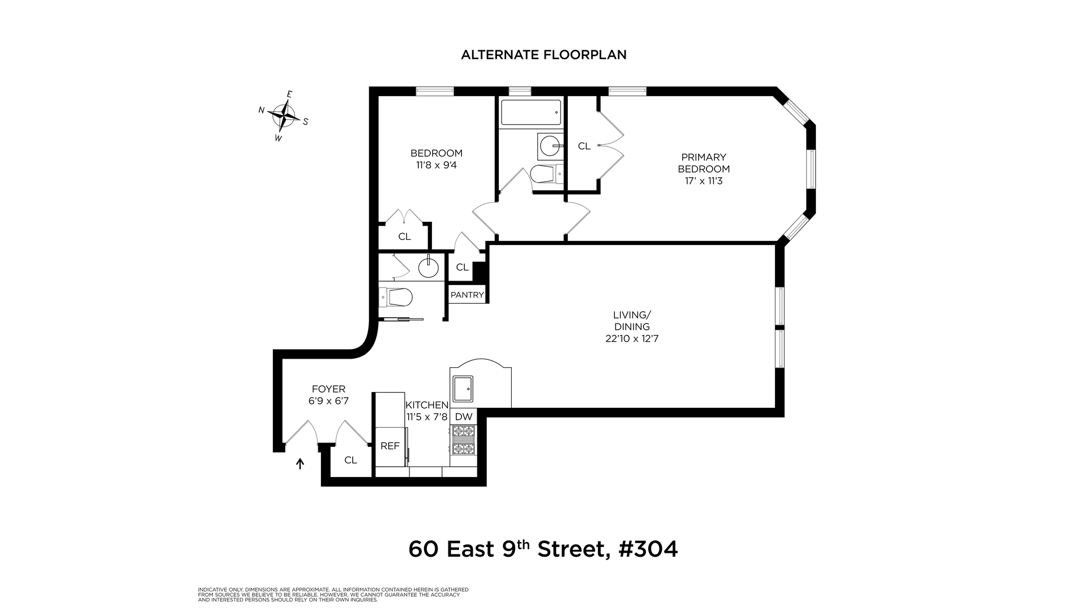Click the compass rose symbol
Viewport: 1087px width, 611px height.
click(x=284, y=116)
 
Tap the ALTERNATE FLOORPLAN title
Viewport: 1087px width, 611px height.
click(x=543, y=55)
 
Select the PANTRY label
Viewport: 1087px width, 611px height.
click(x=467, y=295)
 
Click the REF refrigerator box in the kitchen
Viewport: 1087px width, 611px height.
click(x=390, y=446)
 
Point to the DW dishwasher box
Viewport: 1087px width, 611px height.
click(x=464, y=417)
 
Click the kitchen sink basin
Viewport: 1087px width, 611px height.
click(x=464, y=388)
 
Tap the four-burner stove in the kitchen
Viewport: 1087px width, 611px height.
click(x=464, y=441)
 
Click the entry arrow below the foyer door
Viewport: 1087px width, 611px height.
click(x=301, y=464)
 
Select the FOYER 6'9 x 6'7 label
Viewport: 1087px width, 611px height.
click(x=328, y=395)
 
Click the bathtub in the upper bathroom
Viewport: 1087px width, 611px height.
click(x=530, y=112)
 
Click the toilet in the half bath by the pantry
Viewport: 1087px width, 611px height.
click(x=396, y=296)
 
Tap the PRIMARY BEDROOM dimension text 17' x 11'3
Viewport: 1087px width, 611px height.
click(x=704, y=181)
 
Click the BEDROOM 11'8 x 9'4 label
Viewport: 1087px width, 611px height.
click(x=436, y=159)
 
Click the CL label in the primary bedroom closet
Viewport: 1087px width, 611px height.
click(x=584, y=146)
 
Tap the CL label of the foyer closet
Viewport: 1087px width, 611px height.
click(x=350, y=460)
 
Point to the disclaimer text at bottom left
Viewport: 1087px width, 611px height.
click(x=333, y=594)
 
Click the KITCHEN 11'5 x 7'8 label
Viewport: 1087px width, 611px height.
click(x=427, y=411)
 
